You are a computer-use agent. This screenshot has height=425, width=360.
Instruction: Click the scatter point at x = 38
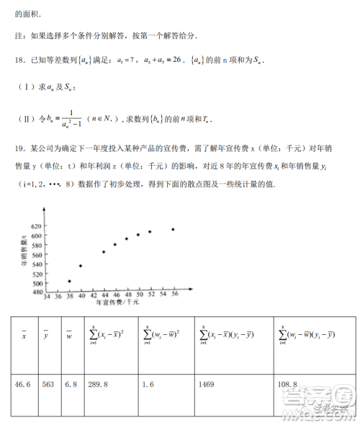pyautogui.click(x=69, y=281)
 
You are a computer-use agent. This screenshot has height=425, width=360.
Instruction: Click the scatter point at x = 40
pyautogui.click(x=81, y=266)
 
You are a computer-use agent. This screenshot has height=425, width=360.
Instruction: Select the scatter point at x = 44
pyautogui.click(x=104, y=251)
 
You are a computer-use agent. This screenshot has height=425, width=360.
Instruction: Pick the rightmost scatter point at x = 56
pyautogui.click(x=173, y=229)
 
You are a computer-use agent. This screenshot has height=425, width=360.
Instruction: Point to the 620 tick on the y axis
pyautogui.click(x=37, y=226)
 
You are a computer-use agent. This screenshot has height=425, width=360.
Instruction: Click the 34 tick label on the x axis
pyautogui.click(x=47, y=297)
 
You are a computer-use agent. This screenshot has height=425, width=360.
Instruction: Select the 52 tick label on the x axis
pyautogui.click(x=150, y=297)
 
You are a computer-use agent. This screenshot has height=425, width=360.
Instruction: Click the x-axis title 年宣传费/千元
pyautogui.click(x=117, y=305)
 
